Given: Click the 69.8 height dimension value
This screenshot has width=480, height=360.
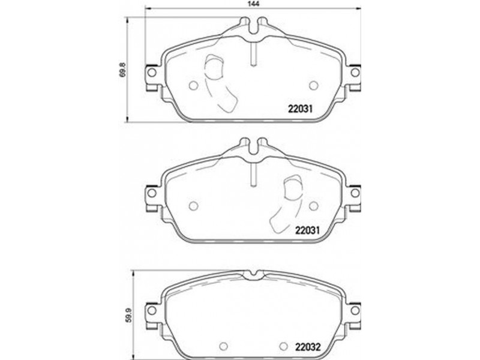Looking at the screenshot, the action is point(122,70).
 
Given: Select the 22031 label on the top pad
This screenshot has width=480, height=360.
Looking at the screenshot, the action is point(300,109).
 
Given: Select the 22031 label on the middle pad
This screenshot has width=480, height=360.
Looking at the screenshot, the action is point(307,230).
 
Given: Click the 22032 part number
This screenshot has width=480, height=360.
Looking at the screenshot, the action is point(308,347).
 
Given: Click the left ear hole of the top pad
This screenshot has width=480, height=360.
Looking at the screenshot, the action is point(152,73).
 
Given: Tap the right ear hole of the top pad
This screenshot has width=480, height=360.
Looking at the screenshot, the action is point(355,73).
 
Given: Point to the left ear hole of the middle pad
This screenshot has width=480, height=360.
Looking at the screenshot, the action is point(152,193).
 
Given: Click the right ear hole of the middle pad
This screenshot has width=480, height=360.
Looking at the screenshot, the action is point(355,193).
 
